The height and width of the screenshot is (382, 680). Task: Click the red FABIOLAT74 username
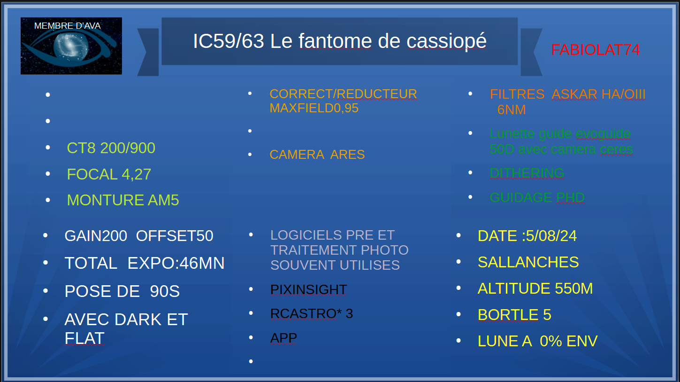(x=596, y=50)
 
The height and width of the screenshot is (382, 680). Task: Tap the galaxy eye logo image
(x=71, y=46)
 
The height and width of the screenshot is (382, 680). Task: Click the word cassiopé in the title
(x=447, y=41)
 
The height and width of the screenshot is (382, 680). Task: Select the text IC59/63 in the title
(x=229, y=41)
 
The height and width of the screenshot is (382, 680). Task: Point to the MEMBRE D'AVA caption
(x=68, y=26)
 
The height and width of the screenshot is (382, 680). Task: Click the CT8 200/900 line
(x=111, y=148)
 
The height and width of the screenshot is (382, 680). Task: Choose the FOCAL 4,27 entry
(x=109, y=174)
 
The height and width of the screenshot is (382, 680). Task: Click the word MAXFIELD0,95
(x=314, y=108)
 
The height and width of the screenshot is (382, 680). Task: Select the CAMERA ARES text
(x=317, y=155)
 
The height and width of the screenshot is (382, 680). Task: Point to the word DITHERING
(x=527, y=173)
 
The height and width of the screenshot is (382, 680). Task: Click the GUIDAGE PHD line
(x=537, y=197)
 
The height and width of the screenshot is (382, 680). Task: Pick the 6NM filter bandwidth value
(x=512, y=109)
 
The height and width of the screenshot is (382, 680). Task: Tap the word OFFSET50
(x=175, y=236)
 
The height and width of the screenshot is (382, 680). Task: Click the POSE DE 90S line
(x=122, y=291)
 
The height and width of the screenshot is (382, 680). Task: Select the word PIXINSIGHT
(x=308, y=289)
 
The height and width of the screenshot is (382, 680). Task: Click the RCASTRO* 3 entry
(x=312, y=313)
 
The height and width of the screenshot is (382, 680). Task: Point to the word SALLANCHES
(x=528, y=262)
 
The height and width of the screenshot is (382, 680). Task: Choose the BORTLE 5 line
(x=514, y=315)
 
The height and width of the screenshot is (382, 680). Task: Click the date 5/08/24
(x=551, y=236)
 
